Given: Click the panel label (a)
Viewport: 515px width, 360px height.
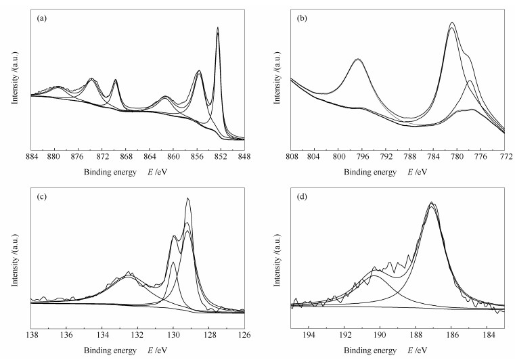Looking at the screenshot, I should [42, 18].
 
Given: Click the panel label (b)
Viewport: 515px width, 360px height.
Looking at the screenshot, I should [303, 18].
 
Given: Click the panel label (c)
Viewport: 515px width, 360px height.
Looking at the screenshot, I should [42, 197].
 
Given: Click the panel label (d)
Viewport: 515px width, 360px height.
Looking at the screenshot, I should [303, 197].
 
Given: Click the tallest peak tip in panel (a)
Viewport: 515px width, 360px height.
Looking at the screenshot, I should [218, 28].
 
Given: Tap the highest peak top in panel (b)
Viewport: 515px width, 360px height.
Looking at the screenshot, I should [451, 23].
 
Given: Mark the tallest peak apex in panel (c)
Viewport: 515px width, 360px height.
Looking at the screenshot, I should [187, 198].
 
